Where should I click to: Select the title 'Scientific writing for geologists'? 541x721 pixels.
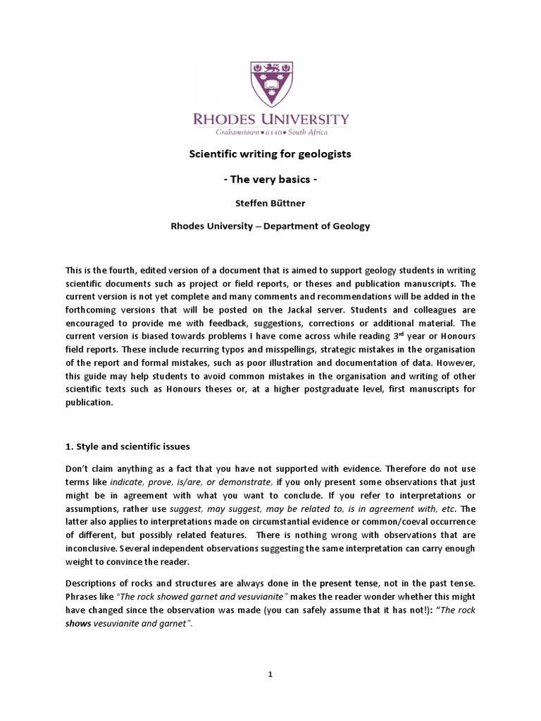[x=270, y=154]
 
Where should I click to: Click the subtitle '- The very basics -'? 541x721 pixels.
[x=270, y=180]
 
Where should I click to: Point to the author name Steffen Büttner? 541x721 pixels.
[x=270, y=203]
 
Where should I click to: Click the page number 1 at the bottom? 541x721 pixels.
[x=270, y=674]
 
